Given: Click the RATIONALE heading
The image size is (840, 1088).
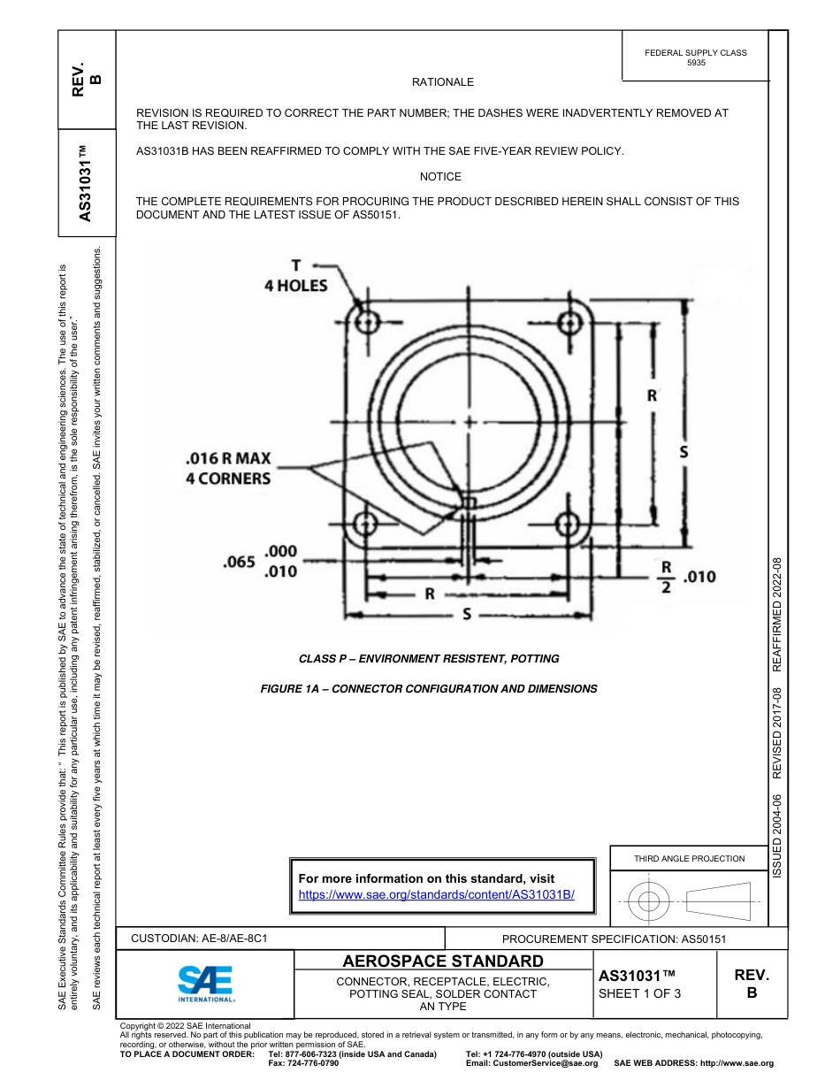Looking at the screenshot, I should click(443, 82).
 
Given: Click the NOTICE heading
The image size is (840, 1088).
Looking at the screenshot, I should click(440, 177).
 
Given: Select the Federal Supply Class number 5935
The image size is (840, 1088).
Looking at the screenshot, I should click(696, 64).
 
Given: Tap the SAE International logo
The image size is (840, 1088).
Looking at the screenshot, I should click(206, 983).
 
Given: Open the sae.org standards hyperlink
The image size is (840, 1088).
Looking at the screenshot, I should click(437, 894).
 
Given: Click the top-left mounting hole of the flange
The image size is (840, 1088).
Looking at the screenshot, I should click(366, 320).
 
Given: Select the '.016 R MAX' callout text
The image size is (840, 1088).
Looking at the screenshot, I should click(228, 459).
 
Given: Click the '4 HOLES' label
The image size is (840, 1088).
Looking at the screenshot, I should click(296, 286).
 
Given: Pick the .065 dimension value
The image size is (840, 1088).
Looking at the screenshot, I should click(239, 561).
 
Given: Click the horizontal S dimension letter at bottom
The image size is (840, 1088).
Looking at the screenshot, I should click(466, 615).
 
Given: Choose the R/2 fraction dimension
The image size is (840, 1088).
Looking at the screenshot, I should click(667, 577).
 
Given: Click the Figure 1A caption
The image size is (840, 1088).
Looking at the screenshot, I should click(429, 688).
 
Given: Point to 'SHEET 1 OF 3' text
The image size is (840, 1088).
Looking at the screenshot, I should click(639, 993).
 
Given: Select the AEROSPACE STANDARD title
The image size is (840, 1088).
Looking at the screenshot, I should click(443, 962).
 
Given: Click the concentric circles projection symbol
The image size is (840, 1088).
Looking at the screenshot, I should click(649, 902).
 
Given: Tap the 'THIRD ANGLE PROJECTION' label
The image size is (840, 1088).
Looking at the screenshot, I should click(689, 858).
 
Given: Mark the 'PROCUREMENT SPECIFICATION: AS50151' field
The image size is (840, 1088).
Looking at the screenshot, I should click(614, 939).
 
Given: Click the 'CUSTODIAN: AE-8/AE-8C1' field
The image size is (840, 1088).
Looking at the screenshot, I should click(199, 938).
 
